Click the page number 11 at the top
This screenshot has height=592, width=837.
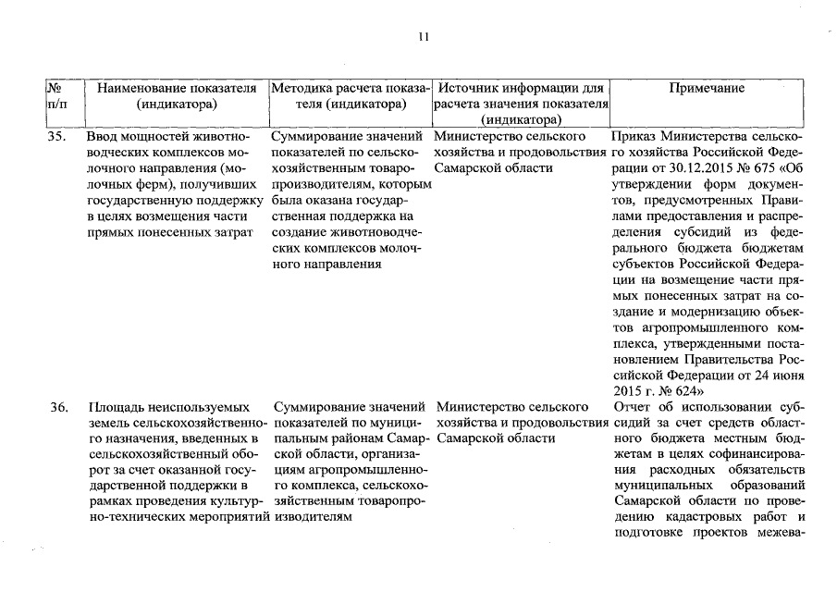(x=424, y=37)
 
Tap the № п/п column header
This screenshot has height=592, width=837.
(x=57, y=96)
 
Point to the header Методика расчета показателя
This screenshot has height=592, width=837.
(x=350, y=96)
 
